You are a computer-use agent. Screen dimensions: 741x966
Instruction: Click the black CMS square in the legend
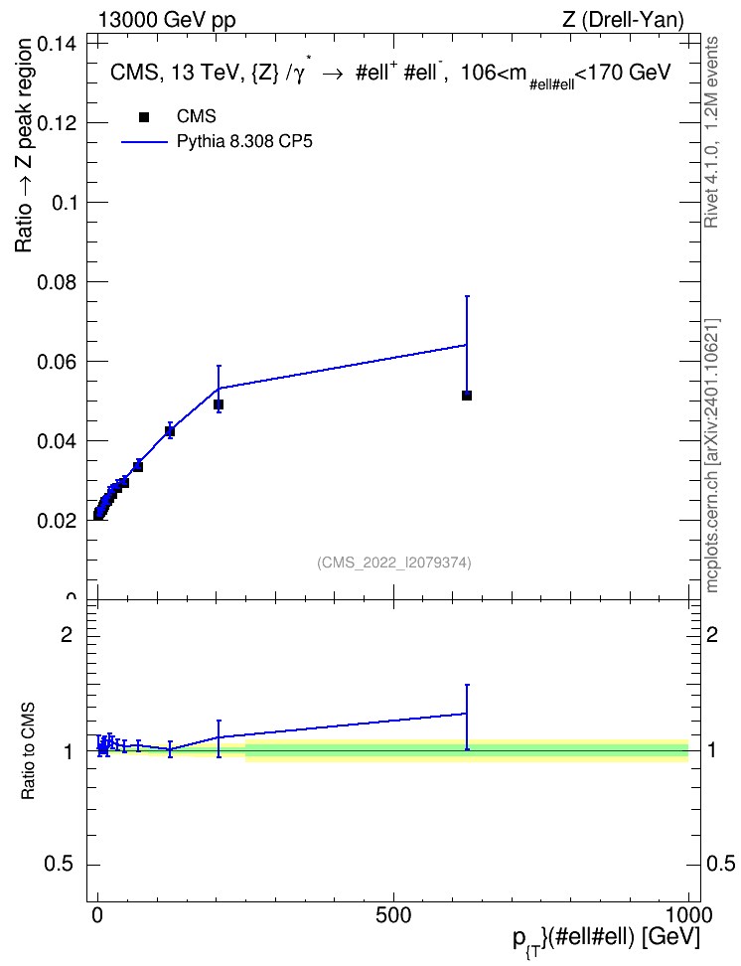(144, 116)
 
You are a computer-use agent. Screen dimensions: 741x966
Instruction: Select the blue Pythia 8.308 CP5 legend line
(144, 142)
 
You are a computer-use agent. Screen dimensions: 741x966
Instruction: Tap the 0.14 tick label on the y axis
(57, 45)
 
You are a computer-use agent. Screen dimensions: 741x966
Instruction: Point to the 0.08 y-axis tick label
(57, 282)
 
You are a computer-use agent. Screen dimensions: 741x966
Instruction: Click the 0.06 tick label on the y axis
(57, 362)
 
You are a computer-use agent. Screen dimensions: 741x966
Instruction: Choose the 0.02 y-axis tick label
(57, 521)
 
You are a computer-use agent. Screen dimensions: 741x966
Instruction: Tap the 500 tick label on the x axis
(393, 915)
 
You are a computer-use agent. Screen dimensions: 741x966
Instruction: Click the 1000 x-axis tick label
(687, 915)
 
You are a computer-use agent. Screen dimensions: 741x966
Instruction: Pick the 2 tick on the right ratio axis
(712, 634)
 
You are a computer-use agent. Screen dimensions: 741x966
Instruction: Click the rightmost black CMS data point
(466, 396)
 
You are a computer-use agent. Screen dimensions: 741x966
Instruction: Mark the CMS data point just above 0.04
(170, 431)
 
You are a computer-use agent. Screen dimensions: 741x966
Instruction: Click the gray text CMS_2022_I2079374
(394, 563)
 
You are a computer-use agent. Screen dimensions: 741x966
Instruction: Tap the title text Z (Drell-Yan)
(623, 20)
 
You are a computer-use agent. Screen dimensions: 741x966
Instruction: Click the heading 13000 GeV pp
(167, 20)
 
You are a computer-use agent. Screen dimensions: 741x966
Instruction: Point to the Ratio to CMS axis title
(28, 751)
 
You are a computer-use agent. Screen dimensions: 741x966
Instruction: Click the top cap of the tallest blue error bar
(466, 296)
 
